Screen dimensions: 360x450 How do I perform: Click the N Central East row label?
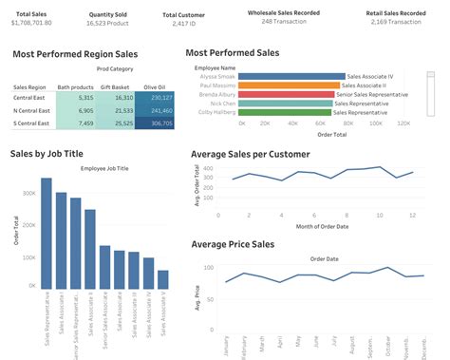pyautogui.click(x=32, y=110)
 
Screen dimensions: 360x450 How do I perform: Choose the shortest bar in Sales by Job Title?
pyautogui.click(x=162, y=278)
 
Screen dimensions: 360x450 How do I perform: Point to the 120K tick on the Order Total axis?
pyautogui.click(x=403, y=123)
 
